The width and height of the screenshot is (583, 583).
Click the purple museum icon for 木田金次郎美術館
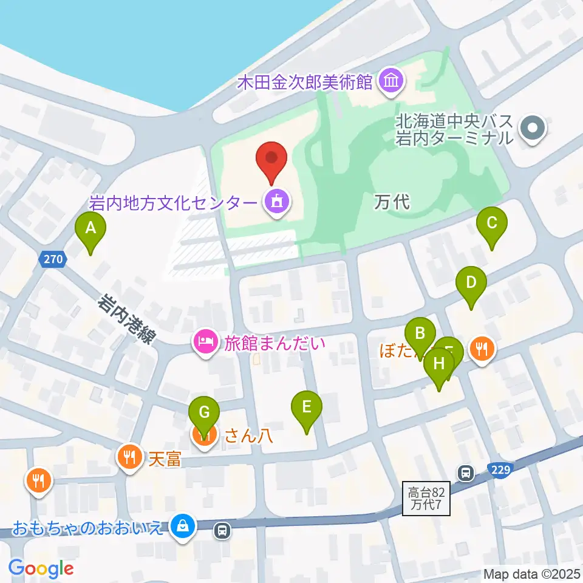click(x=390, y=82)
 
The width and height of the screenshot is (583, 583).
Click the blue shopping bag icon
click(x=182, y=526)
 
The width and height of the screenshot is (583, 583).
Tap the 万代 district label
click(x=392, y=202)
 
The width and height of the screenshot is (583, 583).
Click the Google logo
click(x=41, y=568)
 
